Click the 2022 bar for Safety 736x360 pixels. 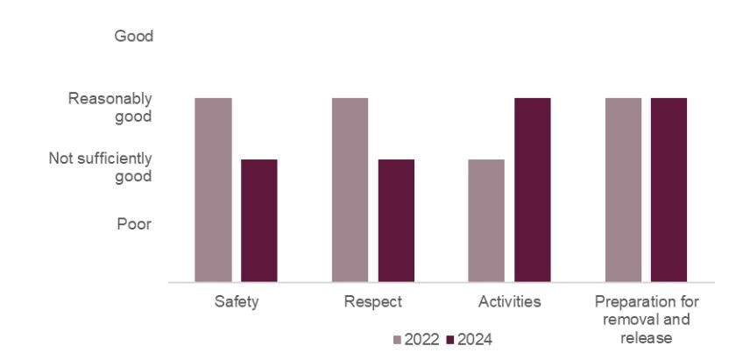[x=213, y=190]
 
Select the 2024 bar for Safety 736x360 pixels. [x=258, y=221]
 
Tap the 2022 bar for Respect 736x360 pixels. [x=350, y=190]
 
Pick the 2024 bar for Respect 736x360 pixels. [x=396, y=221]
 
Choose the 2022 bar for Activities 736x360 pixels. [x=486, y=221]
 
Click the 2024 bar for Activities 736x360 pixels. [x=532, y=190]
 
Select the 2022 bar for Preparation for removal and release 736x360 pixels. [x=623, y=190]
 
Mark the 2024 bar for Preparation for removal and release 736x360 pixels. [x=669, y=190]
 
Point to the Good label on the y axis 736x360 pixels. [x=133, y=37]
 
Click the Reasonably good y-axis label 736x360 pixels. [x=110, y=107]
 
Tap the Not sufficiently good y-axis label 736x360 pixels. [x=100, y=167]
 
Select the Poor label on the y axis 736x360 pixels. [x=134, y=224]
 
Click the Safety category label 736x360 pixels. [x=236, y=302]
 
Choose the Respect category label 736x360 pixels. [x=372, y=302]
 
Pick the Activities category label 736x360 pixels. [x=509, y=302]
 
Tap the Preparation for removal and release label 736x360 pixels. [x=646, y=320]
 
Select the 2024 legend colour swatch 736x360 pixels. [x=449, y=339]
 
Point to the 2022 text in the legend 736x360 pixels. [x=421, y=339]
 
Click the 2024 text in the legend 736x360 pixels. [x=474, y=339]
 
